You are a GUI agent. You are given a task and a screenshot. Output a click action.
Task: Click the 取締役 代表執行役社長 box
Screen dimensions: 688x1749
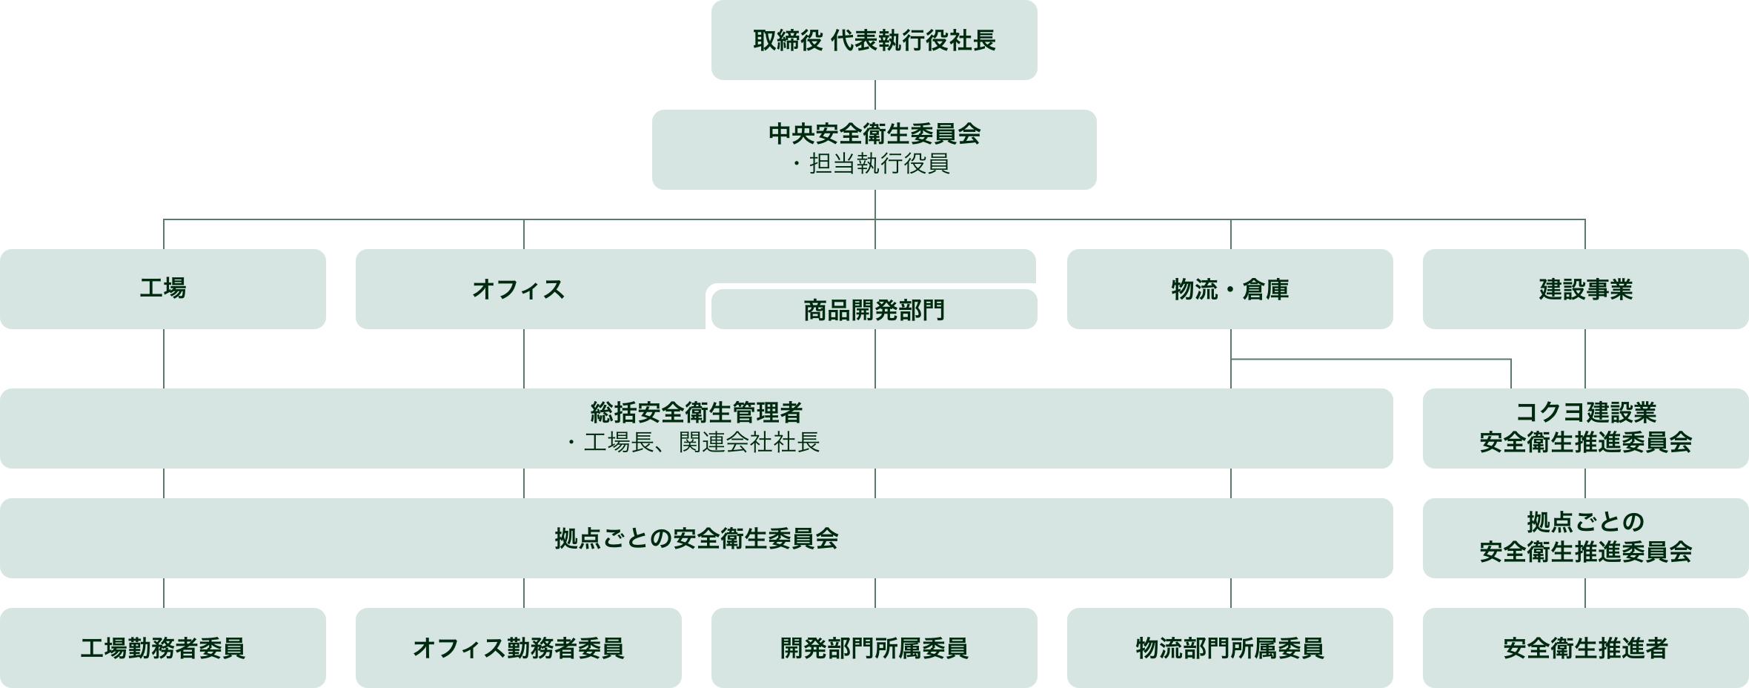(x=874, y=40)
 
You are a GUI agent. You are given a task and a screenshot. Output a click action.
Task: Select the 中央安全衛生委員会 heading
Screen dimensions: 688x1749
(x=874, y=134)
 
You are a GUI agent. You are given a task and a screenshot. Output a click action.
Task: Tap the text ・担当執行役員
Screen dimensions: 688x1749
(x=874, y=164)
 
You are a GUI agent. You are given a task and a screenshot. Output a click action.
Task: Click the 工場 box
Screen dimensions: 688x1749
(x=162, y=288)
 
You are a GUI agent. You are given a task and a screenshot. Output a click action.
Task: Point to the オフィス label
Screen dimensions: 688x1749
(x=518, y=289)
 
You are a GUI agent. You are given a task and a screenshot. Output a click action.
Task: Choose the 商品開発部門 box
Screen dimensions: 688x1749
(x=874, y=310)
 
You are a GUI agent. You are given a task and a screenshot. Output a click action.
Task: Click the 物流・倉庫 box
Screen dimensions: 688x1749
(x=1229, y=289)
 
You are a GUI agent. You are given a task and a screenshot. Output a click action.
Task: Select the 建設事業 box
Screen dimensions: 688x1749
(x=1585, y=289)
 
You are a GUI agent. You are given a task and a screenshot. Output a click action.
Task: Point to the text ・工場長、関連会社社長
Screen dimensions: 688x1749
(x=696, y=443)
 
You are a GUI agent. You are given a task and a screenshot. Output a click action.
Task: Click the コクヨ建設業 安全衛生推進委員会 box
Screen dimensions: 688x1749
(x=1585, y=428)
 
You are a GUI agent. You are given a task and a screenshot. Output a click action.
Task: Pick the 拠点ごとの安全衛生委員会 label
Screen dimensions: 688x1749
(x=696, y=538)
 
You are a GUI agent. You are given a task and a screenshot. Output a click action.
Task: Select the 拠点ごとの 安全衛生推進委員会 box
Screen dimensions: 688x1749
(x=1585, y=537)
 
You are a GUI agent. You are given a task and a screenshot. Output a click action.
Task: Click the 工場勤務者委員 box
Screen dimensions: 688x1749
(x=162, y=648)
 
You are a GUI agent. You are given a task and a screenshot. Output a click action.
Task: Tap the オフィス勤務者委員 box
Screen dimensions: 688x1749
(x=518, y=648)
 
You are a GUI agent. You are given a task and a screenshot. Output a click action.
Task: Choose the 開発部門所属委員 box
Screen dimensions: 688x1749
(x=874, y=648)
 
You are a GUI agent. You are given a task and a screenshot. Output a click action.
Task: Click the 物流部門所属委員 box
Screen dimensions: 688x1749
(x=1229, y=648)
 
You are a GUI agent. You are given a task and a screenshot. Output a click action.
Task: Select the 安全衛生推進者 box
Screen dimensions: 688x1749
(x=1585, y=648)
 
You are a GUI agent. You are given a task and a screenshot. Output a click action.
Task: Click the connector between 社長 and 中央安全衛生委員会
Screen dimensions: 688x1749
(x=875, y=95)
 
